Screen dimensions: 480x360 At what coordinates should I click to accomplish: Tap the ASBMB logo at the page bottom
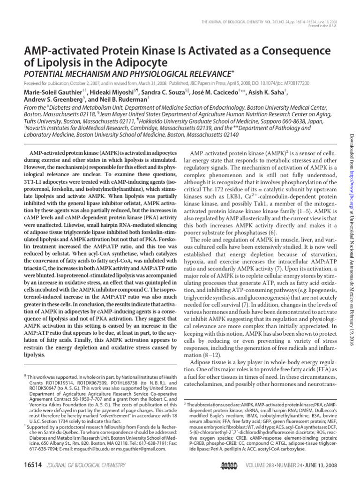coord(229,465)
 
